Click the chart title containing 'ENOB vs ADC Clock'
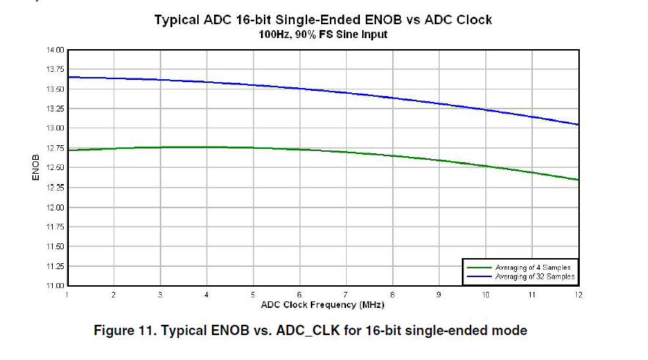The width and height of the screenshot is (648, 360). coord(323,20)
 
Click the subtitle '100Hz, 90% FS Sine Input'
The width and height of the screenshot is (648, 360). coord(323,34)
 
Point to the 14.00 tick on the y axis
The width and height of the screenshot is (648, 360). coord(56,50)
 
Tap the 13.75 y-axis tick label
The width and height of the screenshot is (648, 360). coord(56,70)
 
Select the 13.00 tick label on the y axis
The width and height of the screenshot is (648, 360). coord(56,128)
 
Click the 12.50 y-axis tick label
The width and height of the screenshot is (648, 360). coord(56,168)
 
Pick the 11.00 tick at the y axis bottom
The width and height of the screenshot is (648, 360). coord(56,285)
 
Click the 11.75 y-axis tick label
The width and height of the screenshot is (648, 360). coord(56,227)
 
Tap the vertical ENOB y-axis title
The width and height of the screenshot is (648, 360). coord(34,168)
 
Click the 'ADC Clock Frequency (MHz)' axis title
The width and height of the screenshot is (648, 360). coord(323,304)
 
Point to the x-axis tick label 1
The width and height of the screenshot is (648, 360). coord(67,295)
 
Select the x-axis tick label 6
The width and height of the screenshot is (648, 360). coord(299,295)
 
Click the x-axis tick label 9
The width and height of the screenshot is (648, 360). coord(439,295)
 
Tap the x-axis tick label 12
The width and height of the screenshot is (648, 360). coord(578,295)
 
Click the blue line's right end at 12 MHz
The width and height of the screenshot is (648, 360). coord(578,125)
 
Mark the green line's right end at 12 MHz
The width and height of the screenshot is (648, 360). coord(578,180)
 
